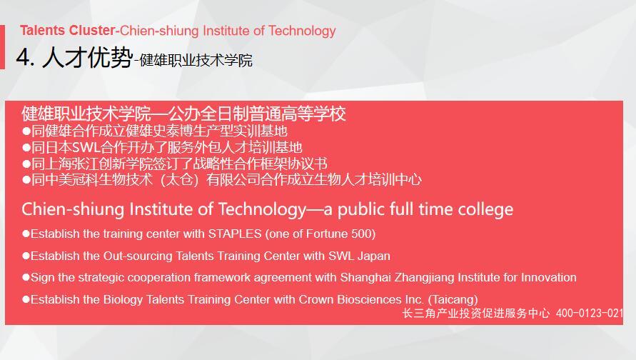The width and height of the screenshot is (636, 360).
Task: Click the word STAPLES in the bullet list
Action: click(x=235, y=234)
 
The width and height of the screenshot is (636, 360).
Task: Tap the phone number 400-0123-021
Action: click(x=590, y=313)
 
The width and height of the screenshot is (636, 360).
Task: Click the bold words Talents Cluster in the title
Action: click(x=68, y=31)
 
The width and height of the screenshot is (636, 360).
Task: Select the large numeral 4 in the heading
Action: click(x=23, y=58)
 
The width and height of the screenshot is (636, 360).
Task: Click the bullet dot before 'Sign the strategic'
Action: click(x=26, y=278)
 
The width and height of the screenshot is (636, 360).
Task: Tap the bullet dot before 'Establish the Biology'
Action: click(x=26, y=299)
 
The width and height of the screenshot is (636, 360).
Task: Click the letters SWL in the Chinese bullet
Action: click(x=86, y=147)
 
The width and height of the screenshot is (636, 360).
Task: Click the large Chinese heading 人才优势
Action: click(x=87, y=57)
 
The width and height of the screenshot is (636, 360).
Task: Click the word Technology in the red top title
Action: click(x=302, y=31)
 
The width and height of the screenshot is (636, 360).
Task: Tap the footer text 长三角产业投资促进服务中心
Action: click(x=476, y=313)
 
